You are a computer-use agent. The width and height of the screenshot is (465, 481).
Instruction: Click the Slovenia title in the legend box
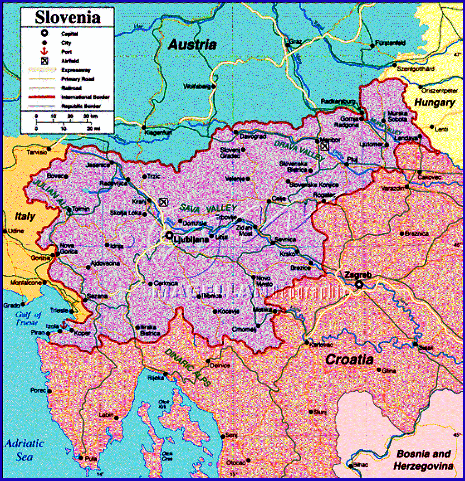click(68, 17)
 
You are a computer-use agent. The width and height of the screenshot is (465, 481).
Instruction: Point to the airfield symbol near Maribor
click(324, 146)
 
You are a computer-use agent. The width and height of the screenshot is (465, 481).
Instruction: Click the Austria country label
click(192, 45)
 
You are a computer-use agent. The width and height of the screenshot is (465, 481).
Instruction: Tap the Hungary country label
click(434, 103)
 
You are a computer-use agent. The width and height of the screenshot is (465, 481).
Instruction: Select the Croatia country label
click(349, 360)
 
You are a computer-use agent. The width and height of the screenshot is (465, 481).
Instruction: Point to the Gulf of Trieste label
click(28, 318)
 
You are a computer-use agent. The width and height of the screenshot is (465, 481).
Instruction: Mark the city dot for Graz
click(287, 45)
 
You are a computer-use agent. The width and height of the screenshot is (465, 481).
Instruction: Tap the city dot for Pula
click(82, 458)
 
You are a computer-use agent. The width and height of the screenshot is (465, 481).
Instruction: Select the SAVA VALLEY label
click(208, 208)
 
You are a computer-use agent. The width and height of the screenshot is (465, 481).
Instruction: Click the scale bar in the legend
click(68, 122)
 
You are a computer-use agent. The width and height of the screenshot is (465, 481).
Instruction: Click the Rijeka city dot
click(166, 374)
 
